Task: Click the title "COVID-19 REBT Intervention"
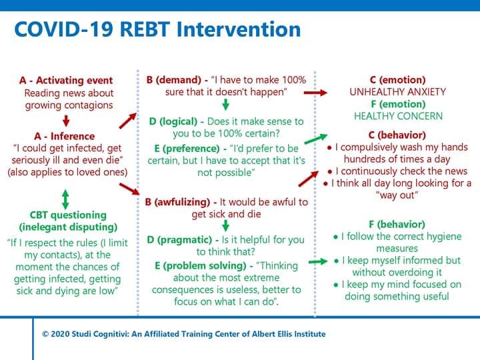[157, 29]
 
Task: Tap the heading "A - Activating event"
[66, 81]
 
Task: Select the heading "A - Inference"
[65, 136]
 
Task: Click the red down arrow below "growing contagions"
[65, 120]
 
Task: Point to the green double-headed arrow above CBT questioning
[65, 198]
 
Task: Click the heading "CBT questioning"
[65, 215]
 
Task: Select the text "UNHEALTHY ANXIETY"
[397, 92]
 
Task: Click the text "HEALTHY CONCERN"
[397, 116]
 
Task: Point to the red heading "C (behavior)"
[397, 135]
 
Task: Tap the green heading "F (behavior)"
[397, 225]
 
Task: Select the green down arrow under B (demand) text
[225, 104]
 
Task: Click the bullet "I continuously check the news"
[399, 171]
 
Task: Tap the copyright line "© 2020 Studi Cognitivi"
[183, 334]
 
